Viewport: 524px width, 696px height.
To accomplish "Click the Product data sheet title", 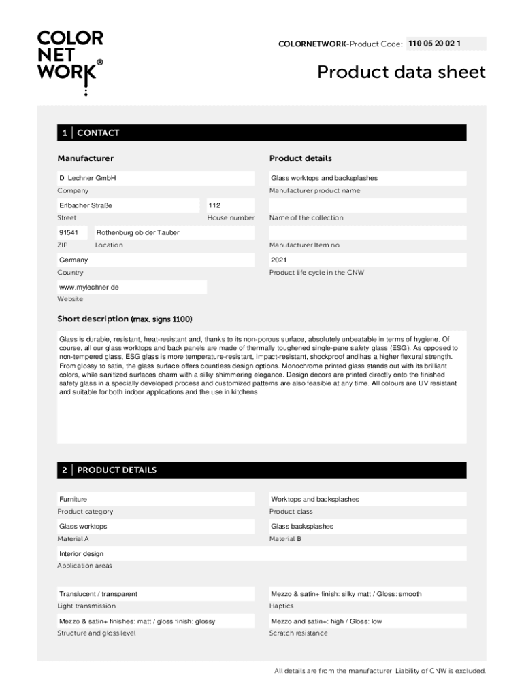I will click(x=402, y=72).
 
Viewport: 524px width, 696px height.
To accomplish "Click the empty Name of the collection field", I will click(x=367, y=205).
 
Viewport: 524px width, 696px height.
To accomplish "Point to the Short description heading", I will click(x=125, y=319).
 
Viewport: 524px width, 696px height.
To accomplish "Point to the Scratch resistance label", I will click(x=298, y=633).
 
